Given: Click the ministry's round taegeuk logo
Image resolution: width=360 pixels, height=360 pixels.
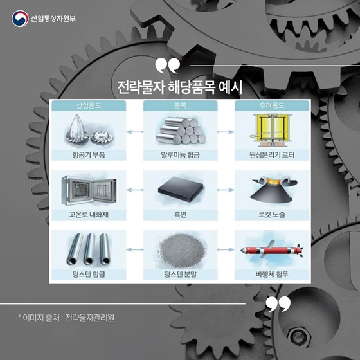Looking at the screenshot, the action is (x=20, y=19).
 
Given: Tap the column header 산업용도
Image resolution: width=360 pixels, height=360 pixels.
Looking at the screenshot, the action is (x=89, y=105).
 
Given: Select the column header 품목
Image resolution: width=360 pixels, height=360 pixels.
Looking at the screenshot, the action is (x=180, y=105).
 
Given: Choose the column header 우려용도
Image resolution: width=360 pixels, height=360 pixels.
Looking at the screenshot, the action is (x=271, y=105).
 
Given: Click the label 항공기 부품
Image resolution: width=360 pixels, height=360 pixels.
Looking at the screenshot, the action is (x=89, y=155).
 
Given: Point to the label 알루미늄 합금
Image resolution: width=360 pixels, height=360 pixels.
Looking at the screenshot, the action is (x=180, y=155).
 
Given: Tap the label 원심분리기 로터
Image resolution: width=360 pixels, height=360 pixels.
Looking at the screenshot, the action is (x=272, y=155).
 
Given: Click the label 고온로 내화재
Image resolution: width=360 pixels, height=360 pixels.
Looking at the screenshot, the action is (x=89, y=215).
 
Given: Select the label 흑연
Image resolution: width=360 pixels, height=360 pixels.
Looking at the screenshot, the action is (x=180, y=215).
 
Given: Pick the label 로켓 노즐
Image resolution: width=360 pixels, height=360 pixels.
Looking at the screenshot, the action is (x=272, y=215).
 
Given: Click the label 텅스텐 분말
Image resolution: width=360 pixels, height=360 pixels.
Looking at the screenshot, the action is (x=180, y=274).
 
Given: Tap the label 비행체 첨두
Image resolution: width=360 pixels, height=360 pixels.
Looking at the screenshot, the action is (x=272, y=274).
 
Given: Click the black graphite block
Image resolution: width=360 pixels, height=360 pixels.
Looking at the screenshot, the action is (x=181, y=189).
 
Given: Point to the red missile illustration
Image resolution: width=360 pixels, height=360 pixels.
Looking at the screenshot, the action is (x=272, y=250).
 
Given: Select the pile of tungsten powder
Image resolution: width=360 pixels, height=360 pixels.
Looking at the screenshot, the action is (x=181, y=251).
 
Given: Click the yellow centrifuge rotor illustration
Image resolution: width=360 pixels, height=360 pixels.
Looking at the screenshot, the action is (x=271, y=130).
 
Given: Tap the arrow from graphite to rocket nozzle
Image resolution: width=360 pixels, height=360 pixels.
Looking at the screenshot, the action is (x=226, y=190).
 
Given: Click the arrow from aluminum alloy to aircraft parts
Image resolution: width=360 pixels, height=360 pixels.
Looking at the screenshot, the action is (x=135, y=132).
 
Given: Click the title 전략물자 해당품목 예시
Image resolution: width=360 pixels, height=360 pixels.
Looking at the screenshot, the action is (x=180, y=87).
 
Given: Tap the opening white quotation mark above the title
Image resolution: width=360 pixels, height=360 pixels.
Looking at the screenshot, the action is (x=168, y=66).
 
